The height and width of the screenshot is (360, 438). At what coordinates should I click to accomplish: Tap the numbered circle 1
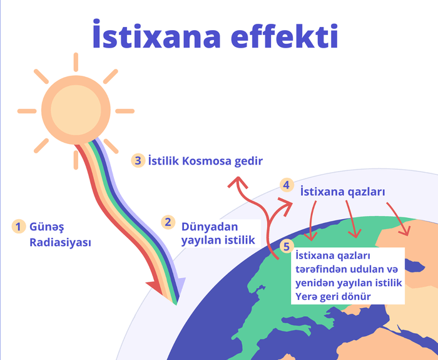tap(19, 226)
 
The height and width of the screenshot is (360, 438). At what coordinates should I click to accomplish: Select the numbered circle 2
tap(168, 222)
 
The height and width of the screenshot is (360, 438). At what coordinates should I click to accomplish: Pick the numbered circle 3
tap(138, 160)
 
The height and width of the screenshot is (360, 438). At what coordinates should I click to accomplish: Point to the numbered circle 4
tap(286, 185)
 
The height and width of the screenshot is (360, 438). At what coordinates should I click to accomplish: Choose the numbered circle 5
tap(287, 247)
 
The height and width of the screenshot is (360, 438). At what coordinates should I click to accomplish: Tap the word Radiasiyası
tap(60, 242)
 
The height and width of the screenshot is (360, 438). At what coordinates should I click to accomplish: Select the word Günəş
tap(47, 226)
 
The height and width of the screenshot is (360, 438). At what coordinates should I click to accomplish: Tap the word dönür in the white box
tap(354, 296)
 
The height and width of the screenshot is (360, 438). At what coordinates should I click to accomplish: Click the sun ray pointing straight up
tap(76, 61)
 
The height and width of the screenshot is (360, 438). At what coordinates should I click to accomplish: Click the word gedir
tap(248, 161)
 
